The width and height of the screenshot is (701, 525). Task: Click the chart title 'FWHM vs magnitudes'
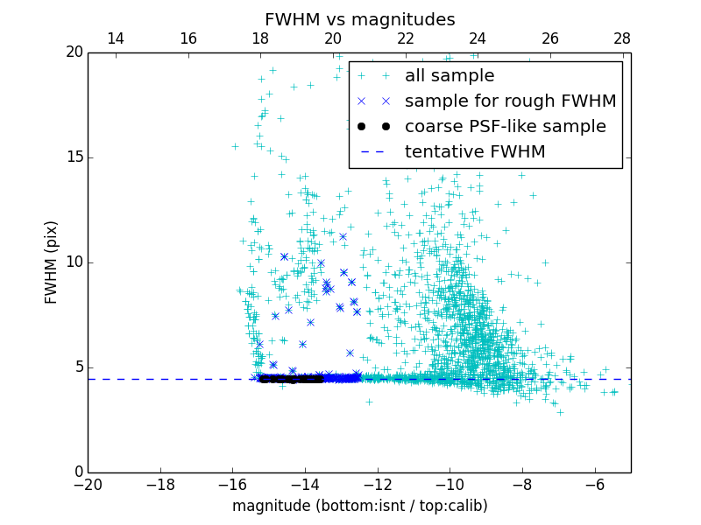pyautogui.click(x=359, y=19)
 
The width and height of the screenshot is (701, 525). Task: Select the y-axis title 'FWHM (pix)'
pyautogui.click(x=52, y=262)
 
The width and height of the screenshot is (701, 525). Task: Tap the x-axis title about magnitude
pyautogui.click(x=359, y=506)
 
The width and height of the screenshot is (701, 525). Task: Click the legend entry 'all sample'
pyautogui.click(x=450, y=76)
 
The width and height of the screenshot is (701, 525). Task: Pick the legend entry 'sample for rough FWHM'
pyautogui.click(x=510, y=101)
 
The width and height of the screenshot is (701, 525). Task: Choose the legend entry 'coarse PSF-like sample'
pyautogui.click(x=505, y=127)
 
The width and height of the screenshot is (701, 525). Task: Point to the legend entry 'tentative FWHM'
pyautogui.click(x=475, y=152)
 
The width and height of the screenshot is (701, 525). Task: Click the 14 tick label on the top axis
pyautogui.click(x=115, y=38)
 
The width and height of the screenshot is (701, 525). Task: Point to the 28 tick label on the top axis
pyautogui.click(x=622, y=38)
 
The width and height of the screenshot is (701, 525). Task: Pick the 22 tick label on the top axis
pyautogui.click(x=405, y=38)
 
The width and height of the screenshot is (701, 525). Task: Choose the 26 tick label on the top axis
pyautogui.click(x=549, y=38)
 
